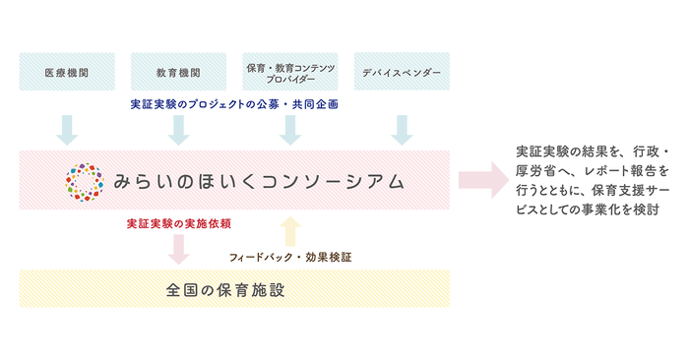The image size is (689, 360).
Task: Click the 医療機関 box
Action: [67, 73]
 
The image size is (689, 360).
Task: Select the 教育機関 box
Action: [178, 73]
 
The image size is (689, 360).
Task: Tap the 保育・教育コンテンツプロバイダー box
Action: [289, 73]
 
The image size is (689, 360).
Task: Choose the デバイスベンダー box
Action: [401, 73]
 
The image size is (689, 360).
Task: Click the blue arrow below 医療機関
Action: [67, 128]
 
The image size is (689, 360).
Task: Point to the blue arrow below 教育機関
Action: [178, 128]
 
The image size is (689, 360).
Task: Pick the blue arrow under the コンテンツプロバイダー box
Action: [289, 128]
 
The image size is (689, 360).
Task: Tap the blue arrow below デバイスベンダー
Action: [401, 128]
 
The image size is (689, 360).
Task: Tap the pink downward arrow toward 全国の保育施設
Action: [178, 246]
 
